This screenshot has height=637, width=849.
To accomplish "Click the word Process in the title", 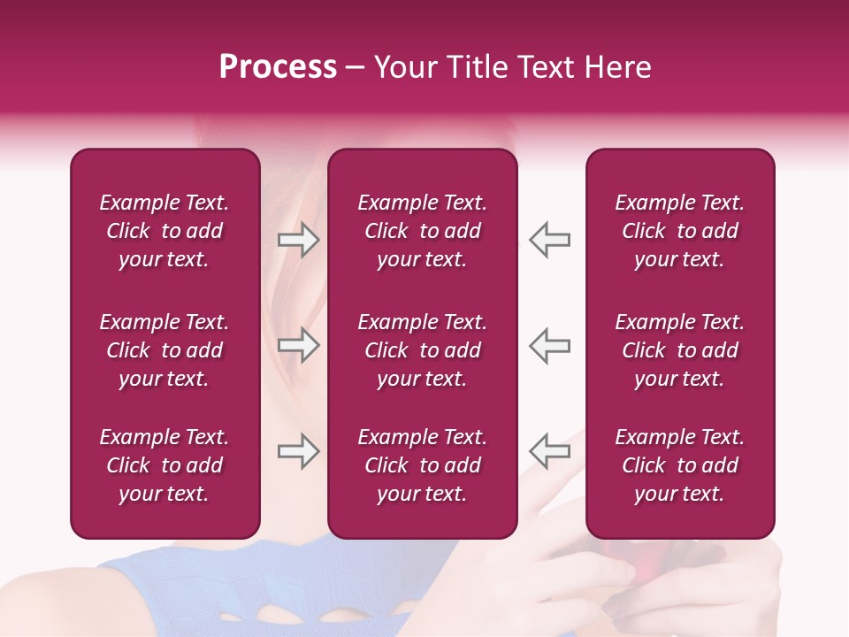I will [278, 67].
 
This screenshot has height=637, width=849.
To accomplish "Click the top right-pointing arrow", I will [298, 240].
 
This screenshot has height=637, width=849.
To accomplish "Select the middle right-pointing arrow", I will [298, 345].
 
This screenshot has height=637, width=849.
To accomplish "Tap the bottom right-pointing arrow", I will [298, 450].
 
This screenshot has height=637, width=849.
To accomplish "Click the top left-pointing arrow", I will [550, 240].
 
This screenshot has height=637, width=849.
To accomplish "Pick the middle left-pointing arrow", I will [550, 345].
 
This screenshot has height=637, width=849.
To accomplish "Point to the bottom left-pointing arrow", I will [550, 450].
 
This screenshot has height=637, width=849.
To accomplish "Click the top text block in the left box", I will [164, 231].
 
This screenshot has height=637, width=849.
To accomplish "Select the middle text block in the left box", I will [164, 350].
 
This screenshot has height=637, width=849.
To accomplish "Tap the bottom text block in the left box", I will [164, 465].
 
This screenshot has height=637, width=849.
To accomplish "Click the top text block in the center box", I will [422, 231].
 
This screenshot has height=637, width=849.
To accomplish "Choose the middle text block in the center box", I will [422, 350].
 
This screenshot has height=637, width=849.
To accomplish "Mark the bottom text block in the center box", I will [422, 465].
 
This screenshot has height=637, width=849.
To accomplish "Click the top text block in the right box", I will [679, 231].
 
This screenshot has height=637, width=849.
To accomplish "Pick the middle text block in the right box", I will [679, 350].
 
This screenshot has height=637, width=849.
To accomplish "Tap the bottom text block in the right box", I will [679, 465].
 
